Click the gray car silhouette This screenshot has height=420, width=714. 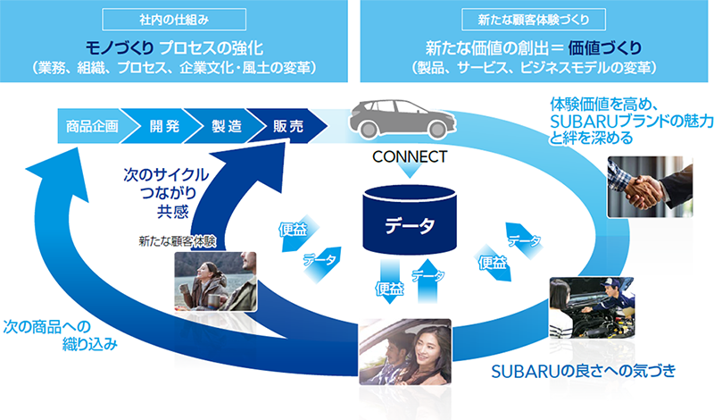click(x=397, y=119)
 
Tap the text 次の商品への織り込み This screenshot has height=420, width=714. click(x=59, y=334)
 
